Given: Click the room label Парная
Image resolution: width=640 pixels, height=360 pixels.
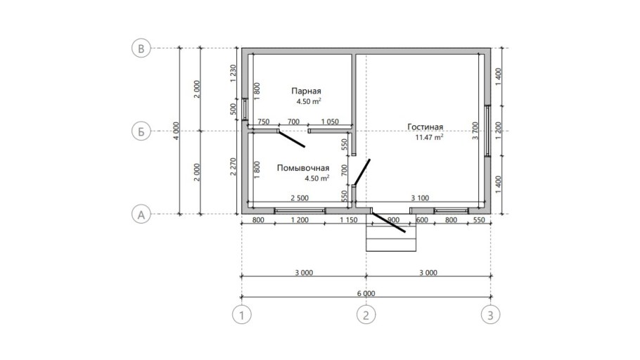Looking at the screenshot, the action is [x=306, y=91].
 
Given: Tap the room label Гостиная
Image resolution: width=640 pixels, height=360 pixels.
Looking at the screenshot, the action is [x=425, y=127].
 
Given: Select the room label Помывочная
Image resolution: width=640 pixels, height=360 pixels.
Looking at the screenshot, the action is [x=303, y=168].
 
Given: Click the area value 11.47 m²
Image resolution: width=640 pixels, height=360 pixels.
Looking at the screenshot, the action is [x=429, y=137].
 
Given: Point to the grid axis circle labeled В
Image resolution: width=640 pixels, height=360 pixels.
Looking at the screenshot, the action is [x=141, y=49].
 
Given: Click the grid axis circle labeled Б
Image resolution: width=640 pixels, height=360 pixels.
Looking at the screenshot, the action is [x=141, y=131].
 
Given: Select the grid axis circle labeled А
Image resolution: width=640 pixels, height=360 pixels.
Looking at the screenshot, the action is [x=141, y=214].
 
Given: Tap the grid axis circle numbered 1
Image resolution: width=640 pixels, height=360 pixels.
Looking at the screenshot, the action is [x=242, y=315].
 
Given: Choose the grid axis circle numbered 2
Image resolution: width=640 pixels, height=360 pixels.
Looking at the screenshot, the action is [x=366, y=315].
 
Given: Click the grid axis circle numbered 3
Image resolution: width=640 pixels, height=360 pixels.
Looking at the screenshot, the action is [x=490, y=315].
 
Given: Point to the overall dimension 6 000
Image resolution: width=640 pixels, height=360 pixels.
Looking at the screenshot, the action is [x=366, y=293].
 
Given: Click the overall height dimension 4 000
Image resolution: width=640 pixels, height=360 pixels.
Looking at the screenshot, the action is [x=176, y=131].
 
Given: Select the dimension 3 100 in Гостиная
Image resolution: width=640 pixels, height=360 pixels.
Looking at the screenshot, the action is [x=420, y=198].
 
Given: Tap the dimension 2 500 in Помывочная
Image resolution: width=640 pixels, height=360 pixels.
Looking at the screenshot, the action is [x=300, y=198].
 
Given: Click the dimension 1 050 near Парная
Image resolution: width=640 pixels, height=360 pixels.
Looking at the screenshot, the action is [x=330, y=122].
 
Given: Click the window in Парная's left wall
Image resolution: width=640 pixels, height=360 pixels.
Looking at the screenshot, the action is [x=245, y=109].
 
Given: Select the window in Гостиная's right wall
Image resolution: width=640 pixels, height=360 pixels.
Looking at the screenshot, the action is [x=488, y=131].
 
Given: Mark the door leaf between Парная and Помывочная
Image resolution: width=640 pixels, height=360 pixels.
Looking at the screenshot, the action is [x=291, y=139].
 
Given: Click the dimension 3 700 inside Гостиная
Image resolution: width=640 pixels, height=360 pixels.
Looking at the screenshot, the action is [x=475, y=131].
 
